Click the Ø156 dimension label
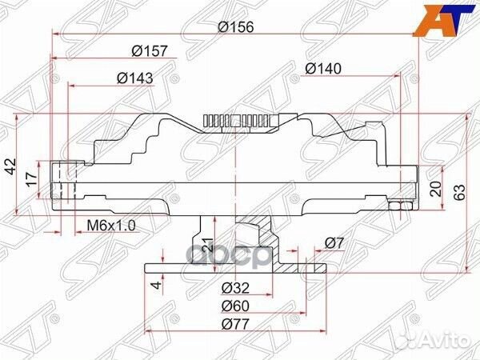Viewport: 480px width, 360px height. (x=236, y=27)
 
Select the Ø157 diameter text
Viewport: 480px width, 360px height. (x=150, y=51)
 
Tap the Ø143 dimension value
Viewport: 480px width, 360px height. (x=134, y=78)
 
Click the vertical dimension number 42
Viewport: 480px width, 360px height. (x=11, y=166)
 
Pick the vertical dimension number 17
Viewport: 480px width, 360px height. (x=32, y=179)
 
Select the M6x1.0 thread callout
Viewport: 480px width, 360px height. (x=111, y=226)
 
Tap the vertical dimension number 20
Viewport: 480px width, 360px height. (x=436, y=189)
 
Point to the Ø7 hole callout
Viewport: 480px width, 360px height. (x=334, y=243)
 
